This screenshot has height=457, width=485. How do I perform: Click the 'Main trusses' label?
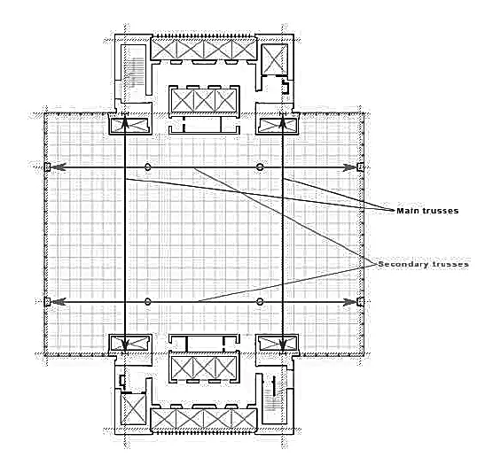coord(427,211)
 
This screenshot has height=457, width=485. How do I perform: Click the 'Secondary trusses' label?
coord(424,265)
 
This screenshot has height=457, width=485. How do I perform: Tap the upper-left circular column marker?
coord(148,167)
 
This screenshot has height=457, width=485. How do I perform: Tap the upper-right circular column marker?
coord(260,167)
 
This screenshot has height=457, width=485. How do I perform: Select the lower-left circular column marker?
coord(148,302)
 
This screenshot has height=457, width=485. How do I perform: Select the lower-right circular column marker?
coord(260,302)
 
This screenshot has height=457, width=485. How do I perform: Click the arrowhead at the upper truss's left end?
coord(59,167)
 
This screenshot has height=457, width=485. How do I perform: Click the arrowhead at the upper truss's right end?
coord(350,167)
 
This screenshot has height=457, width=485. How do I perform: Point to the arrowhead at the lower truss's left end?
coord(59,302)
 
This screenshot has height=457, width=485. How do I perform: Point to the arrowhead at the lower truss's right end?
coord(350,302)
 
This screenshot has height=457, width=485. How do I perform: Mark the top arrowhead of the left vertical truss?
coord(125,123)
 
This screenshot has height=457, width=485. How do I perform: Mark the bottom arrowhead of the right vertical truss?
coord(283,345)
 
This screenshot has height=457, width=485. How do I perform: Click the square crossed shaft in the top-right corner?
coord(275,59)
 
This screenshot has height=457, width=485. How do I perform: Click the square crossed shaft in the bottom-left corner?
coord(133,409)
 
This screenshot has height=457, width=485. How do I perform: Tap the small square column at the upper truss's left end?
coord(47,167)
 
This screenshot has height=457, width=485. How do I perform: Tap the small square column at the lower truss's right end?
coord(360,302)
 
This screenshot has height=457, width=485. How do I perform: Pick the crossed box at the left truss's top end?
coord(129,126)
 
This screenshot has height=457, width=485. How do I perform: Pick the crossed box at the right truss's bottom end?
coord(278,344)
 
